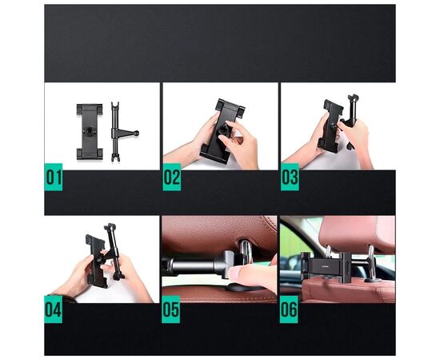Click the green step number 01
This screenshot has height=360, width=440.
(54, 177)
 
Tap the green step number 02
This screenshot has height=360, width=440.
(171, 177)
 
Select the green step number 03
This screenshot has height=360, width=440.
(289, 177)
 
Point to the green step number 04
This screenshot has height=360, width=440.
(54, 309)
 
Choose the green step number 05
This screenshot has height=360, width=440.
(171, 309)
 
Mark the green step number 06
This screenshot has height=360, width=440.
(289, 309)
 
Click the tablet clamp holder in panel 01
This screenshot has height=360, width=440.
(90, 130)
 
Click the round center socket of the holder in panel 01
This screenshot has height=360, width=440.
(90, 130)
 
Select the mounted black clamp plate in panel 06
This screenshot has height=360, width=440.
(328, 262)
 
